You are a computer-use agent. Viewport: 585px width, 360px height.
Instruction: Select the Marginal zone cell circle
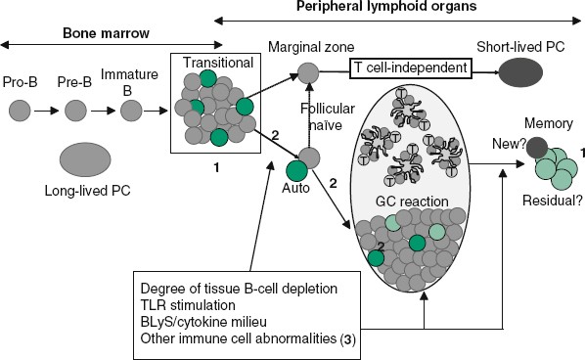(308, 71)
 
